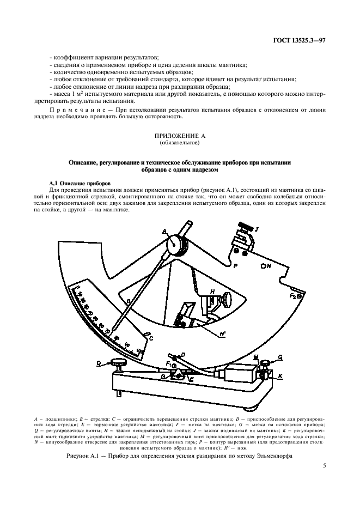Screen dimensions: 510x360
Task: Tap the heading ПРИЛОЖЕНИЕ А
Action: click(180, 135)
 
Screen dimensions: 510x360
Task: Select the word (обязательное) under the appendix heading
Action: click(180, 143)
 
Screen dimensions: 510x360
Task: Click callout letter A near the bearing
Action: click(163, 232)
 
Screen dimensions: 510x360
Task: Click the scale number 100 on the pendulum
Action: click(141, 351)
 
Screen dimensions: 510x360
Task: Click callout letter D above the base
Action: click(182, 354)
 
